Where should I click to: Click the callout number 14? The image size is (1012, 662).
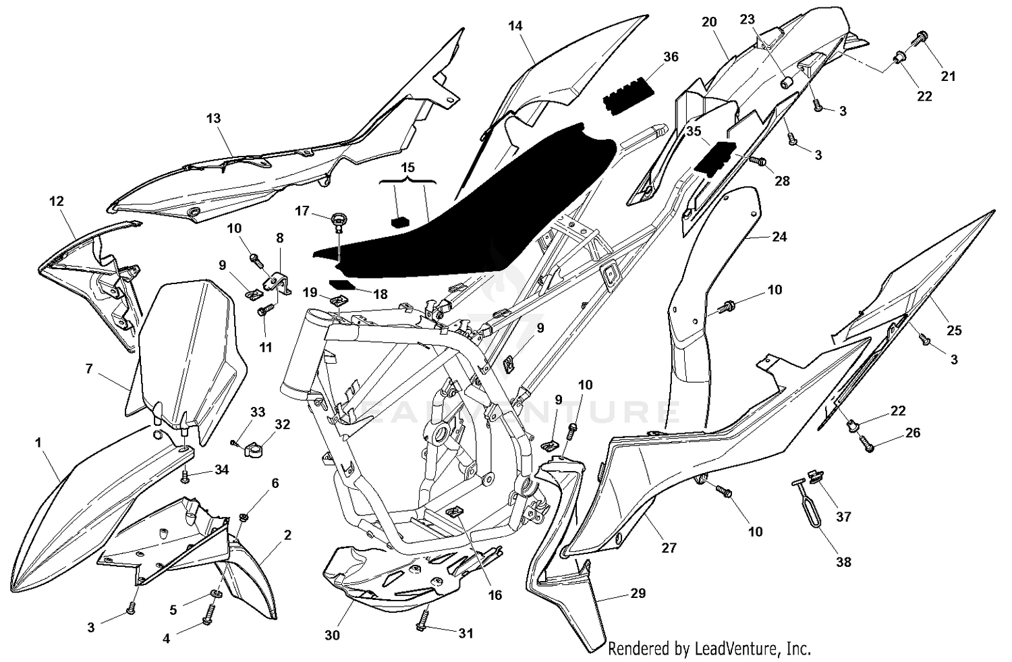click(515, 26)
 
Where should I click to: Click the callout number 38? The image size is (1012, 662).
click(843, 562)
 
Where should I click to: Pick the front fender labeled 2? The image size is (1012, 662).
click(250, 574)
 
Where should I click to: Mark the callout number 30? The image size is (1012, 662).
click(332, 635)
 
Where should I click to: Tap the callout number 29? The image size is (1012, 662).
click(638, 593)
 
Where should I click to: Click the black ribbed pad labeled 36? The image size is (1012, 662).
click(629, 94)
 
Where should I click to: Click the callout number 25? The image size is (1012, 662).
click(954, 330)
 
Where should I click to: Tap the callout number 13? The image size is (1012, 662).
click(213, 118)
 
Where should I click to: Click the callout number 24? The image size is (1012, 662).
click(779, 237)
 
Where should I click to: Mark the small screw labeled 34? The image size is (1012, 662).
click(186, 477)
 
